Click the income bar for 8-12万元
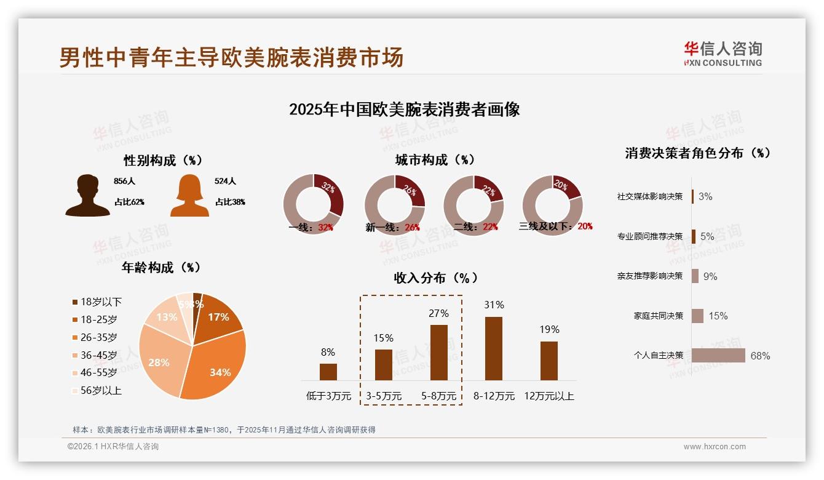click(x=494, y=348)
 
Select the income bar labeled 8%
click(x=328, y=372)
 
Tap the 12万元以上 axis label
click(x=549, y=396)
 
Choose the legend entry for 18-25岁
click(x=98, y=319)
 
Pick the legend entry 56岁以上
click(x=101, y=390)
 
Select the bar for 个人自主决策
click(x=718, y=356)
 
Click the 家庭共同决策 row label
click(x=659, y=316)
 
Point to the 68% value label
click(x=760, y=356)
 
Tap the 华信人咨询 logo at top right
click(x=723, y=54)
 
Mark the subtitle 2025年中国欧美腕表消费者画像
click(x=404, y=110)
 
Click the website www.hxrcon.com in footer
click(x=715, y=447)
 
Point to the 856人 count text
click(x=124, y=182)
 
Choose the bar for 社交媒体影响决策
click(x=692, y=196)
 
